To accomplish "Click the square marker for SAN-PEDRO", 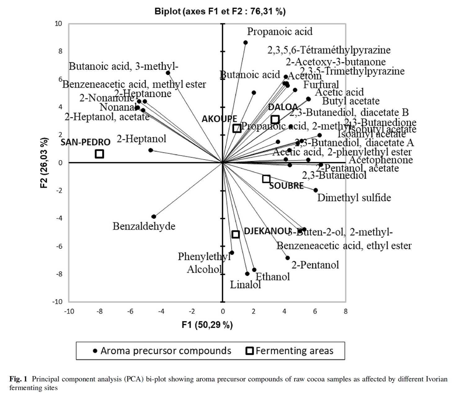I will pyautogui.click(x=99, y=154).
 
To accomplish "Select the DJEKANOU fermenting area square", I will pyautogui.click(x=236, y=234).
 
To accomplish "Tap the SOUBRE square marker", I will pyautogui.click(x=266, y=179).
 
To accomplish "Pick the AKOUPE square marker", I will pyautogui.click(x=237, y=128).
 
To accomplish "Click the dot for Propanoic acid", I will pyautogui.click(x=245, y=43).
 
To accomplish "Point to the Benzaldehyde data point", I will pyautogui.click(x=154, y=216).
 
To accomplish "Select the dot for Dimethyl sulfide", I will pyautogui.click(x=316, y=190).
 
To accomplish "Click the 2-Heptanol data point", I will pyautogui.click(x=150, y=150).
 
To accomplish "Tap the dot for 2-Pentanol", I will pyautogui.click(x=288, y=258).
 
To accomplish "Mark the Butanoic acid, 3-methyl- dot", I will pyautogui.click(x=168, y=73).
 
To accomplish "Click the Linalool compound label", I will pyautogui.click(x=245, y=284).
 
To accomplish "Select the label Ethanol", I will pyautogui.click(x=273, y=276).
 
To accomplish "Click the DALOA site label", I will pyautogui.click(x=283, y=107).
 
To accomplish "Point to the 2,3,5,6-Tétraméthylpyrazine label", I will pyautogui.click(x=329, y=50).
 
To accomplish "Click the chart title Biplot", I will pyautogui.click(x=220, y=11).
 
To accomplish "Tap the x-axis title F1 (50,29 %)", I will pyautogui.click(x=207, y=325).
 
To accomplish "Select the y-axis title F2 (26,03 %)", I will pyautogui.click(x=44, y=162).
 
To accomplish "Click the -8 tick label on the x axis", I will pyautogui.click(x=99, y=311).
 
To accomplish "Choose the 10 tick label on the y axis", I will pyautogui.click(x=58, y=24).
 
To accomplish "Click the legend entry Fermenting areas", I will pyautogui.click(x=294, y=351).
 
